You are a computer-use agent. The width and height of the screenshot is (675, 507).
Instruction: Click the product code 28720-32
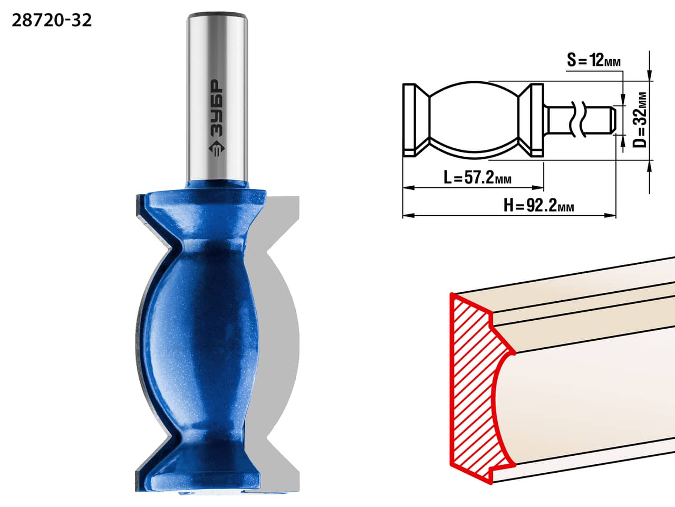click(x=52, y=21)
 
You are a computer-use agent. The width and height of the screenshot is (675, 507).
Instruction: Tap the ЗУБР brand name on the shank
click(x=217, y=108)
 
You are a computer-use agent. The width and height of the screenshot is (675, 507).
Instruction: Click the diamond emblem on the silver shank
click(x=217, y=149)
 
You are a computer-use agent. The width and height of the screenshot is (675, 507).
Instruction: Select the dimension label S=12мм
click(x=594, y=60)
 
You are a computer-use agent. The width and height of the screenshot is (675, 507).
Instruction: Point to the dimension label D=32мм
click(x=640, y=120)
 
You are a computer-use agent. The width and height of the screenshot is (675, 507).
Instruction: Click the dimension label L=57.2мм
click(x=478, y=177)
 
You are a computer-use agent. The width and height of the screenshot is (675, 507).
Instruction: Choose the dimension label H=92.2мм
click(x=539, y=205)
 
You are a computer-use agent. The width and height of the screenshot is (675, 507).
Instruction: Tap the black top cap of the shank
click(x=217, y=15)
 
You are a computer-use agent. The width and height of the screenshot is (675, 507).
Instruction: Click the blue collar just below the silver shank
click(x=217, y=185)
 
